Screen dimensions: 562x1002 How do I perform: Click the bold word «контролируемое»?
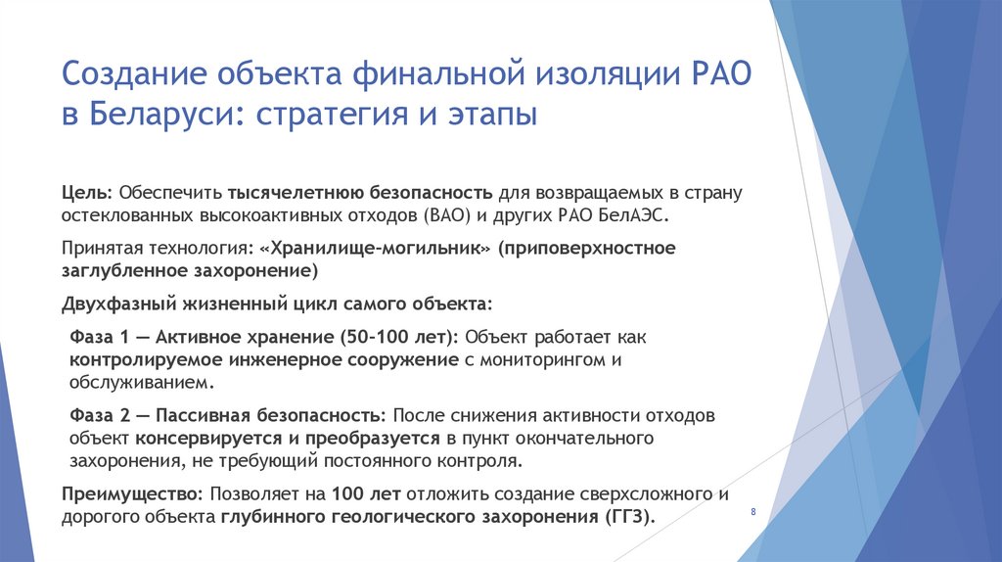click(133, 360)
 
